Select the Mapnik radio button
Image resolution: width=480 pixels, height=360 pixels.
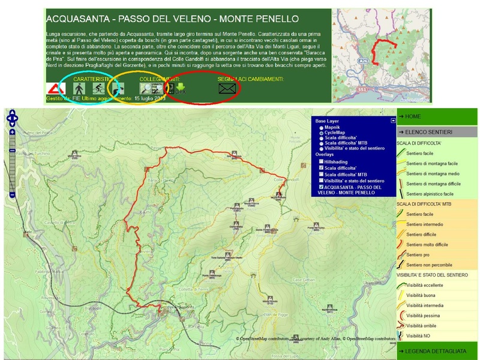[322, 127]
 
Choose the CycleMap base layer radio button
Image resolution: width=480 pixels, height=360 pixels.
[322, 133]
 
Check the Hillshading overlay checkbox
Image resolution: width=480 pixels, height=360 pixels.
[322, 161]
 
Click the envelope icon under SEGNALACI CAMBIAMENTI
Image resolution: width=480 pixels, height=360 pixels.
[226, 89]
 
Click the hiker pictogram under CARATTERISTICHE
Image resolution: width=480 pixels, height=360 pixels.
[78, 89]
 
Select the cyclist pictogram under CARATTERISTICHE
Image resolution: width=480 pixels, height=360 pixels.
[97, 89]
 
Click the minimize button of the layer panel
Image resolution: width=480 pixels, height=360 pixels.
[393, 121]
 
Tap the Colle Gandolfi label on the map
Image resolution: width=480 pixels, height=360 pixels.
[286, 180]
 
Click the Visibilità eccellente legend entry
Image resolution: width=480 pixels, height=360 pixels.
[426, 285]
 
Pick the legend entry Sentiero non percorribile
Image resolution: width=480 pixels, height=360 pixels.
[428, 265]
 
